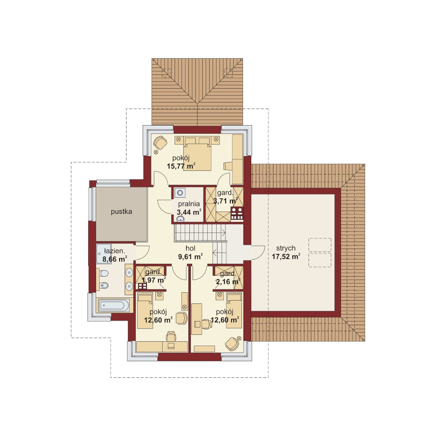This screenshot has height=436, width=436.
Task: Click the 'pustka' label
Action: click(121, 212)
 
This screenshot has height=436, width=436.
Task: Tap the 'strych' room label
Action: click(286, 248)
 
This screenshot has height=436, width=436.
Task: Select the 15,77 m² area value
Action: click(181, 166)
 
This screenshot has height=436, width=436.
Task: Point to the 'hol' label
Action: click(190, 248)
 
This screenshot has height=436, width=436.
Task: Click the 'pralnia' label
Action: click(189, 204)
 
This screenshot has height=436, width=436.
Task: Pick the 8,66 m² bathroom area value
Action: click(115, 259)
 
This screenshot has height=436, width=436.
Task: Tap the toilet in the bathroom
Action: click(103, 274)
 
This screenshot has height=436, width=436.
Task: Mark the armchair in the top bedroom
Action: click(160, 142)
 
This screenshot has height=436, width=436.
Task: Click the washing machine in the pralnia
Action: click(180, 193)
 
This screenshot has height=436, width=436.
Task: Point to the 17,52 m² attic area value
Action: click(286, 256)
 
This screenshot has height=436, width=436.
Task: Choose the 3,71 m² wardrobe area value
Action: click(225, 200)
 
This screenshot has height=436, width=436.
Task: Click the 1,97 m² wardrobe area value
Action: click(154, 280)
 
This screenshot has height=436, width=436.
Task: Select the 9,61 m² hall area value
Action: click(190, 256)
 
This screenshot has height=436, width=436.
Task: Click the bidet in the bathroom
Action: click(104, 285)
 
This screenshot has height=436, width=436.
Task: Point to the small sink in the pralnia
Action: click(180, 219)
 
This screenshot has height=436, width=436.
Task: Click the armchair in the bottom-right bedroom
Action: click(232, 344)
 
